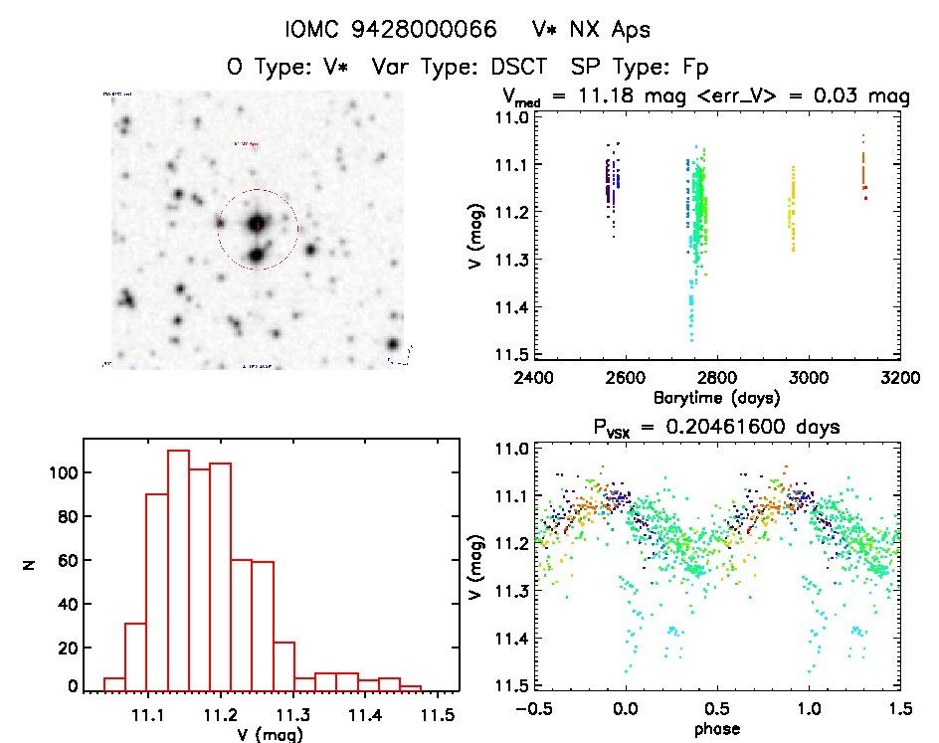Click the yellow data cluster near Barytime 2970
(793, 209)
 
